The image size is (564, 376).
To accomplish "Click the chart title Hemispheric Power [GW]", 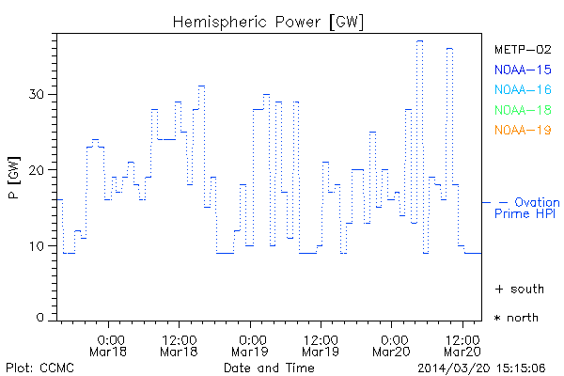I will tap(268, 21).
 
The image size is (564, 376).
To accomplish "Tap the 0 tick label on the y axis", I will tap(40, 318).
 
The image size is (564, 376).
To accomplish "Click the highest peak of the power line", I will tap(419, 41).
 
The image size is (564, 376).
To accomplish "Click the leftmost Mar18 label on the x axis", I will tap(110, 352).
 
